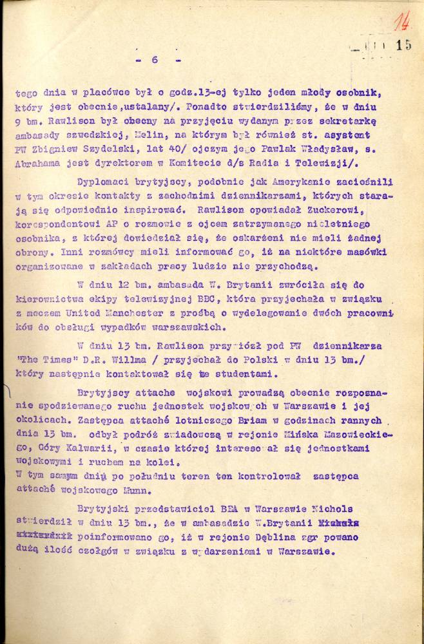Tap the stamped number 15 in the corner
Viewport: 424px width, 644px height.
pos(404,44)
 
